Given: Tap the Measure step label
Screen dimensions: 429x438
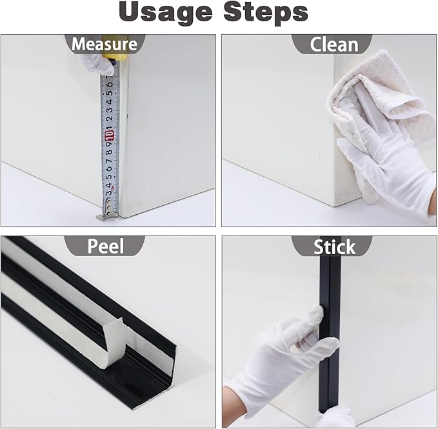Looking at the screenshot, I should click(104, 44).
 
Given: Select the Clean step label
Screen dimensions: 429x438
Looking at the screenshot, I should click(333, 44).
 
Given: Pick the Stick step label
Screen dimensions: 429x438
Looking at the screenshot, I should click(333, 246).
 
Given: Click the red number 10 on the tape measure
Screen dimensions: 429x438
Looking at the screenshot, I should click(109, 134).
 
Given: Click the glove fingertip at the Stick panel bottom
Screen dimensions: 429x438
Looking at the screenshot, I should click(336, 418).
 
